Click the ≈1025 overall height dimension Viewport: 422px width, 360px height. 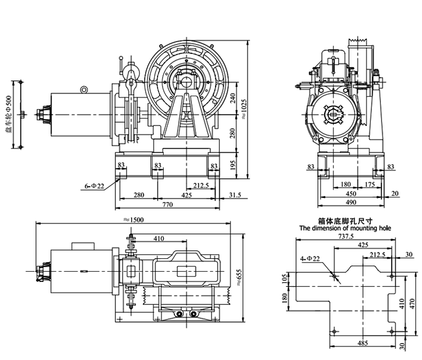point(244,110)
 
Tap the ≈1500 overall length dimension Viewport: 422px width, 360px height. point(133,220)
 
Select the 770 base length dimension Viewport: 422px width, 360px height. point(168,205)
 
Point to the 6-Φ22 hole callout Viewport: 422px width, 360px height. point(94,186)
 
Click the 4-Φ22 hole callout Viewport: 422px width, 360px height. point(310,259)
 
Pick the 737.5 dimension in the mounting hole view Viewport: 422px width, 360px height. point(346,236)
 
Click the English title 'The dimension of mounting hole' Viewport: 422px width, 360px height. point(345,228)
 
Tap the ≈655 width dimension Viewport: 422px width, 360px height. point(239,277)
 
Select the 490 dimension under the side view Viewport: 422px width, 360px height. point(351,202)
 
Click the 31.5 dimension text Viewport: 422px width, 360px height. point(235,195)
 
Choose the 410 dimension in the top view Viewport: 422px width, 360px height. point(159,238)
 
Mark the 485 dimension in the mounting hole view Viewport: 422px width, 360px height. point(362,343)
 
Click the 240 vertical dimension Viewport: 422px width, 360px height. point(233,98)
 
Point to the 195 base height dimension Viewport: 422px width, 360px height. point(233,165)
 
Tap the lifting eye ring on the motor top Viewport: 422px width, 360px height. point(84,89)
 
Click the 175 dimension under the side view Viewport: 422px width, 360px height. point(370,184)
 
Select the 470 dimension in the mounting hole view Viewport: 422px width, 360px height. point(412,304)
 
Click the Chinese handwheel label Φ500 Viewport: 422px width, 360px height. point(8,114)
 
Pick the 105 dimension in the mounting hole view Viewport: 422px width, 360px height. point(285,280)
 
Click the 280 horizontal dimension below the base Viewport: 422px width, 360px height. point(139,195)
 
